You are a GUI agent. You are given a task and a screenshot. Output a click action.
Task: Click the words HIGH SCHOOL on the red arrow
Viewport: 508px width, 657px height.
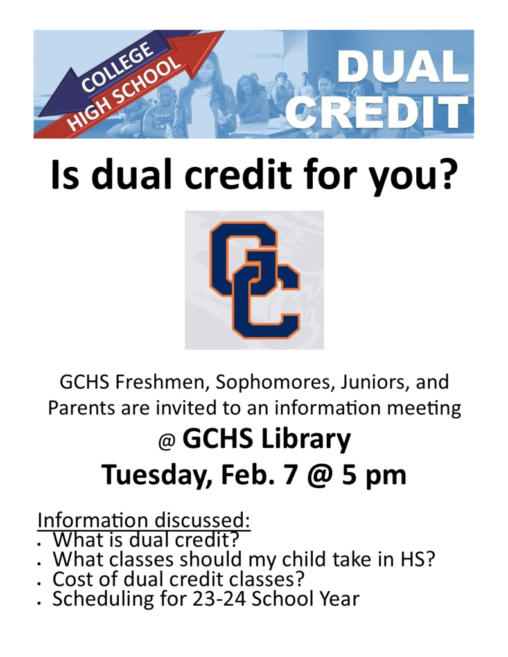click(124, 94)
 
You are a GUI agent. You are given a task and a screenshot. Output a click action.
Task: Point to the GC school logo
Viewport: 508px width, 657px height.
click(254, 280)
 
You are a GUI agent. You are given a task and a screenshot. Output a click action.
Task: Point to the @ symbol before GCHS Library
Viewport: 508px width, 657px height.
click(166, 443)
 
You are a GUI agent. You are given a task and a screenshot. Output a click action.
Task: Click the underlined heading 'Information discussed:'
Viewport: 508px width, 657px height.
click(143, 520)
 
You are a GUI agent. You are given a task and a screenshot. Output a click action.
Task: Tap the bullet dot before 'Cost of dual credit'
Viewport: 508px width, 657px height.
click(39, 583)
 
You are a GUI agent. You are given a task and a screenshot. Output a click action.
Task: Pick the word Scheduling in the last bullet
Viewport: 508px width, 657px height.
click(103, 600)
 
